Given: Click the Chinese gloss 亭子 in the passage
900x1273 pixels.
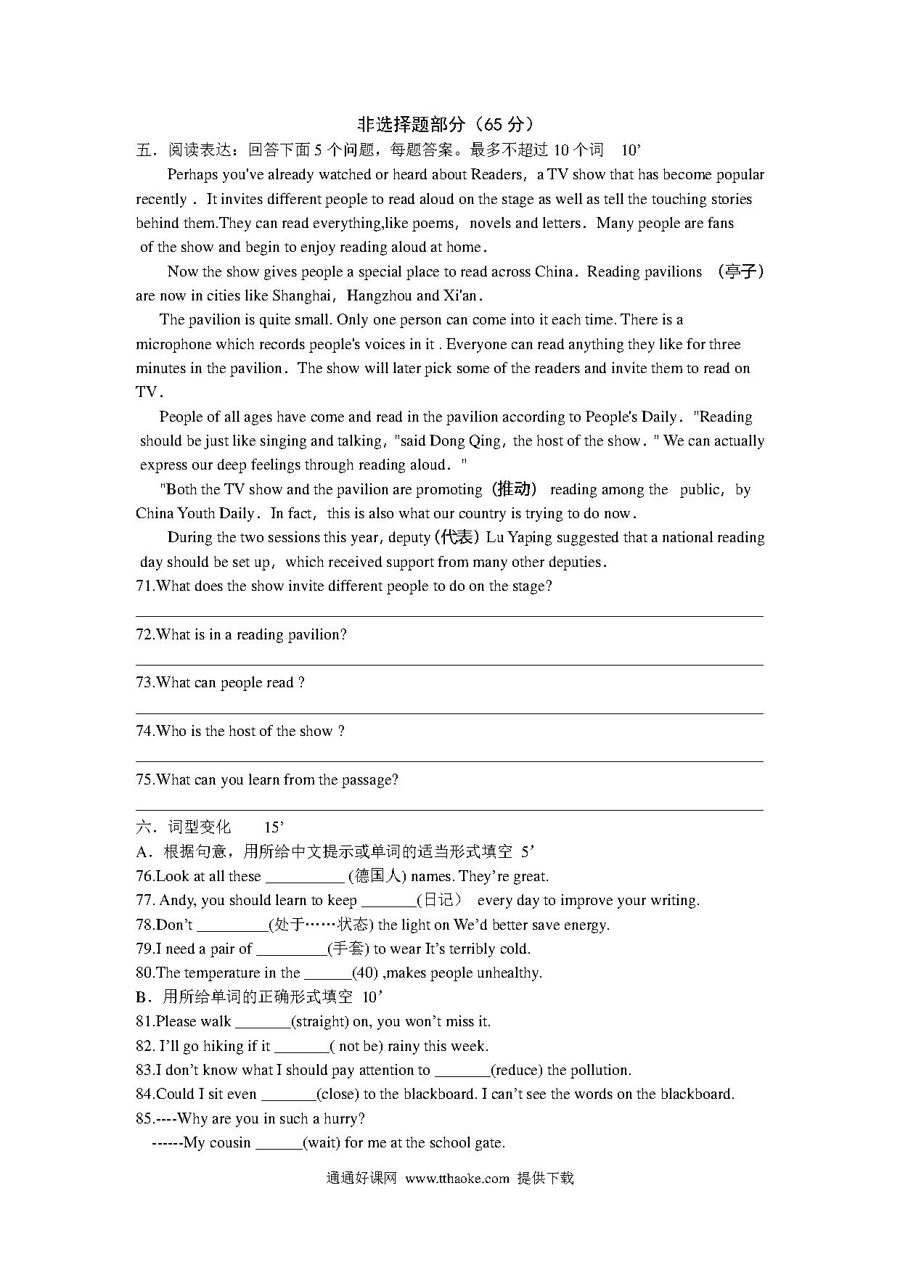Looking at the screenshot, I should tap(740, 272).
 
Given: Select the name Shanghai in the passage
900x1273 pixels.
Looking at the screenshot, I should tap(301, 296).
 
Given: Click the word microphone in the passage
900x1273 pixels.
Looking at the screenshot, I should tap(173, 345).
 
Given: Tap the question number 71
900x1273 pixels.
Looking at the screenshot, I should tap(144, 586).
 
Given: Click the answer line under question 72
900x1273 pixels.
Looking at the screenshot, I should tap(449, 665).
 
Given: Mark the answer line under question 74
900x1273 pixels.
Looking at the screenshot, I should tap(449, 761).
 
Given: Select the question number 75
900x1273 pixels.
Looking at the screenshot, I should tap(144, 780).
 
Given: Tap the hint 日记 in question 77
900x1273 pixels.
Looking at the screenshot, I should tap(439, 901).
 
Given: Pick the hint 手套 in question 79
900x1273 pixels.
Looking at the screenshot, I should tap(348, 949).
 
